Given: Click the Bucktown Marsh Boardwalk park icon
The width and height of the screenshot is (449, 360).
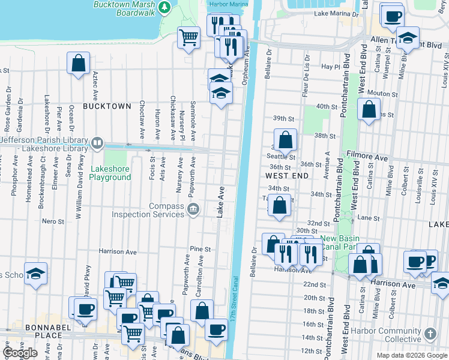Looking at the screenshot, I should click(x=169, y=8).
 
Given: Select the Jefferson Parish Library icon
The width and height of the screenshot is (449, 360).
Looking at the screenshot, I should click(x=97, y=143).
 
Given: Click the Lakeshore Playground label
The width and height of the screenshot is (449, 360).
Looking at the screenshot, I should click(x=110, y=173).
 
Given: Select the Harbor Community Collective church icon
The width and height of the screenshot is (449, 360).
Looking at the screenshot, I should click(x=430, y=334).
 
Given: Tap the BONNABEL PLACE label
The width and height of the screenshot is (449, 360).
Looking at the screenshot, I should click(x=24, y=334).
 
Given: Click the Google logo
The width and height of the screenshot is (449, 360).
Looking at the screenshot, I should click(x=20, y=353).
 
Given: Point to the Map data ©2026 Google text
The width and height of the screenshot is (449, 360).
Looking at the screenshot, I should click(x=411, y=355).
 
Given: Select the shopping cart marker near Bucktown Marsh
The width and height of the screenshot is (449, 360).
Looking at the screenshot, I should click(x=189, y=38).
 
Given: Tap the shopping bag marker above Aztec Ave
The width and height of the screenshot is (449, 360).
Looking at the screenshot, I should click(x=79, y=62).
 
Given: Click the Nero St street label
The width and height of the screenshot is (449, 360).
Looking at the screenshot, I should click(x=53, y=221).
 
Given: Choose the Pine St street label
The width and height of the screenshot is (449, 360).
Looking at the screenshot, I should click(x=200, y=249).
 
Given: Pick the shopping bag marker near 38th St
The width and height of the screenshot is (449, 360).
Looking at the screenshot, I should click(x=286, y=140).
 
